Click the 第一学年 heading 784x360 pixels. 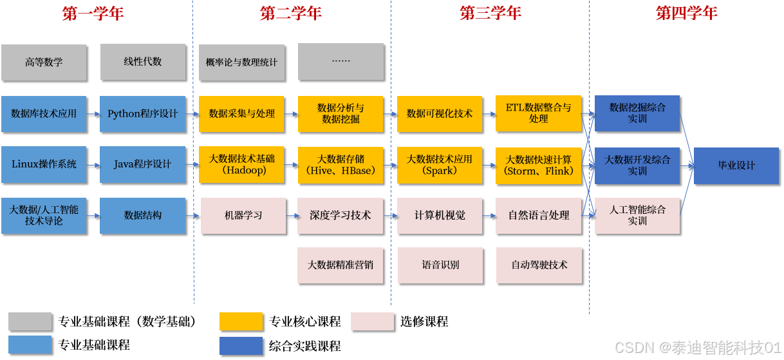(93, 14)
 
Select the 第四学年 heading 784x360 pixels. (686, 14)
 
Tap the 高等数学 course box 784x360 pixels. (44, 62)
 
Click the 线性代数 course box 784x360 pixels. (143, 62)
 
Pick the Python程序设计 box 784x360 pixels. (143, 114)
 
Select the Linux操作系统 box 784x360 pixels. (44, 164)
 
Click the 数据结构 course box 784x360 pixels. (143, 215)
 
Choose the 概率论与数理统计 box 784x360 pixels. (241, 62)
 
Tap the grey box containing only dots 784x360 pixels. (341, 62)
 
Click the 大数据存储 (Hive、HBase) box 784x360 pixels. (341, 164)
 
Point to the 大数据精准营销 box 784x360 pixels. (341, 265)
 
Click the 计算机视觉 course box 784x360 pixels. (440, 215)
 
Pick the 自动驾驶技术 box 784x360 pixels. (539, 265)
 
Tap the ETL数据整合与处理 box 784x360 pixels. (539, 113)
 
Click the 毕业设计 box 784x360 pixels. (736, 166)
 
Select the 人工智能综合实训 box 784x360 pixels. (637, 215)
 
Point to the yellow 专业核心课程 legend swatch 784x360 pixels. (241, 321)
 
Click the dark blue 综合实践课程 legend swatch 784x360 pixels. (241, 346)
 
